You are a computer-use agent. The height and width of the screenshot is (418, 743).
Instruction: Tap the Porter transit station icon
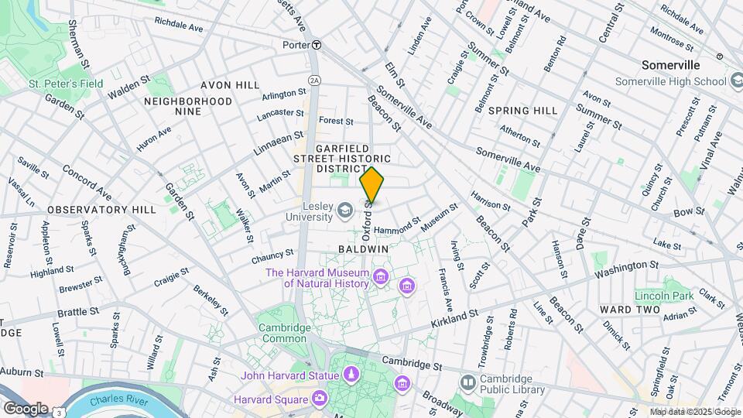(x=317, y=45)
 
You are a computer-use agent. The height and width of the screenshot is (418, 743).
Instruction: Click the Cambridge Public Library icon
(x=467, y=382)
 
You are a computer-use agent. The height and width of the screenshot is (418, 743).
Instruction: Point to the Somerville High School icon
(x=736, y=81)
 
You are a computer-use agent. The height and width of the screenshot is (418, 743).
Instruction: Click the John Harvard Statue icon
(x=351, y=375)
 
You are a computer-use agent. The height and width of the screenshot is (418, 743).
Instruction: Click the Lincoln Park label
(x=663, y=296)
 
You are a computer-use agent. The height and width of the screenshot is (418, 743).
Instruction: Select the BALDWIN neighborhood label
(x=363, y=249)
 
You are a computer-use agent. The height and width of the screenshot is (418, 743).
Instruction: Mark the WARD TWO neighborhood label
(x=629, y=310)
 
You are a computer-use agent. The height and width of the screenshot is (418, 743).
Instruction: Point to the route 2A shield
(x=313, y=80)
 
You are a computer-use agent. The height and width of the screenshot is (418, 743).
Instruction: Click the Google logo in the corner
(x=25, y=408)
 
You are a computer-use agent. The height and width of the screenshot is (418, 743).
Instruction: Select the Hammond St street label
(x=396, y=229)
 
